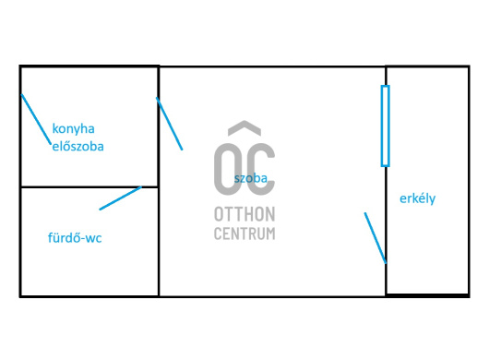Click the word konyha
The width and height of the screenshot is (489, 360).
(73, 129)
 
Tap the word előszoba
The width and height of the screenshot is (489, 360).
(78, 147)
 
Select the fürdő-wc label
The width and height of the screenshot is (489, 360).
(75, 238)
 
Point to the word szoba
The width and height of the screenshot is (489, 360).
(251, 178)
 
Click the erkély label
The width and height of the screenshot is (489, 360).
(418, 198)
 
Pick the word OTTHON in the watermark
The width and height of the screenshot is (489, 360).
(244, 214)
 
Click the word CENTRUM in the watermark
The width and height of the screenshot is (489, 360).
(244, 234)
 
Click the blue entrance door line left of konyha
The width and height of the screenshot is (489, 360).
(36, 119)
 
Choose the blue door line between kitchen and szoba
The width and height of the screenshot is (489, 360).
(170, 124)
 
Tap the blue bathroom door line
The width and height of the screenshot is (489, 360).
(120, 198)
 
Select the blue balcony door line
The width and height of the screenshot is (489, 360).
(376, 238)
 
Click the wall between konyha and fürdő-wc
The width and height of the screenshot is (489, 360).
(89, 186)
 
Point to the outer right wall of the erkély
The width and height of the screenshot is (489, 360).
(469, 181)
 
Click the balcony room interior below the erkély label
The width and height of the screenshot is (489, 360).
(427, 249)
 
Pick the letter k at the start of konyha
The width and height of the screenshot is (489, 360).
(54, 128)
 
